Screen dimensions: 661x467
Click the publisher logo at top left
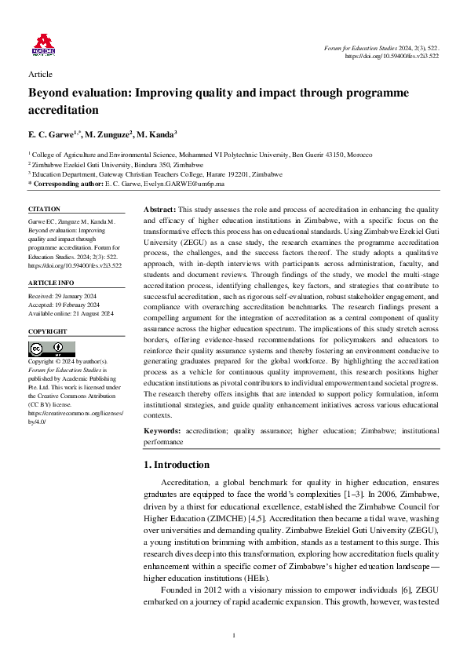click(x=43, y=46)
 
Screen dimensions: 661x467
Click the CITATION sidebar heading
click(x=44, y=209)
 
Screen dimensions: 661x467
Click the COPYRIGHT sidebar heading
click(x=47, y=331)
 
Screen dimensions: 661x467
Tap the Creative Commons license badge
click(x=46, y=349)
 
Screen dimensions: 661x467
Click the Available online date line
click(x=71, y=313)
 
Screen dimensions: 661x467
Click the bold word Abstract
click(x=159, y=210)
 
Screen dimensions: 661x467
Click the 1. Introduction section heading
click(x=177, y=465)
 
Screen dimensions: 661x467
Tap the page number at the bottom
click(x=234, y=634)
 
